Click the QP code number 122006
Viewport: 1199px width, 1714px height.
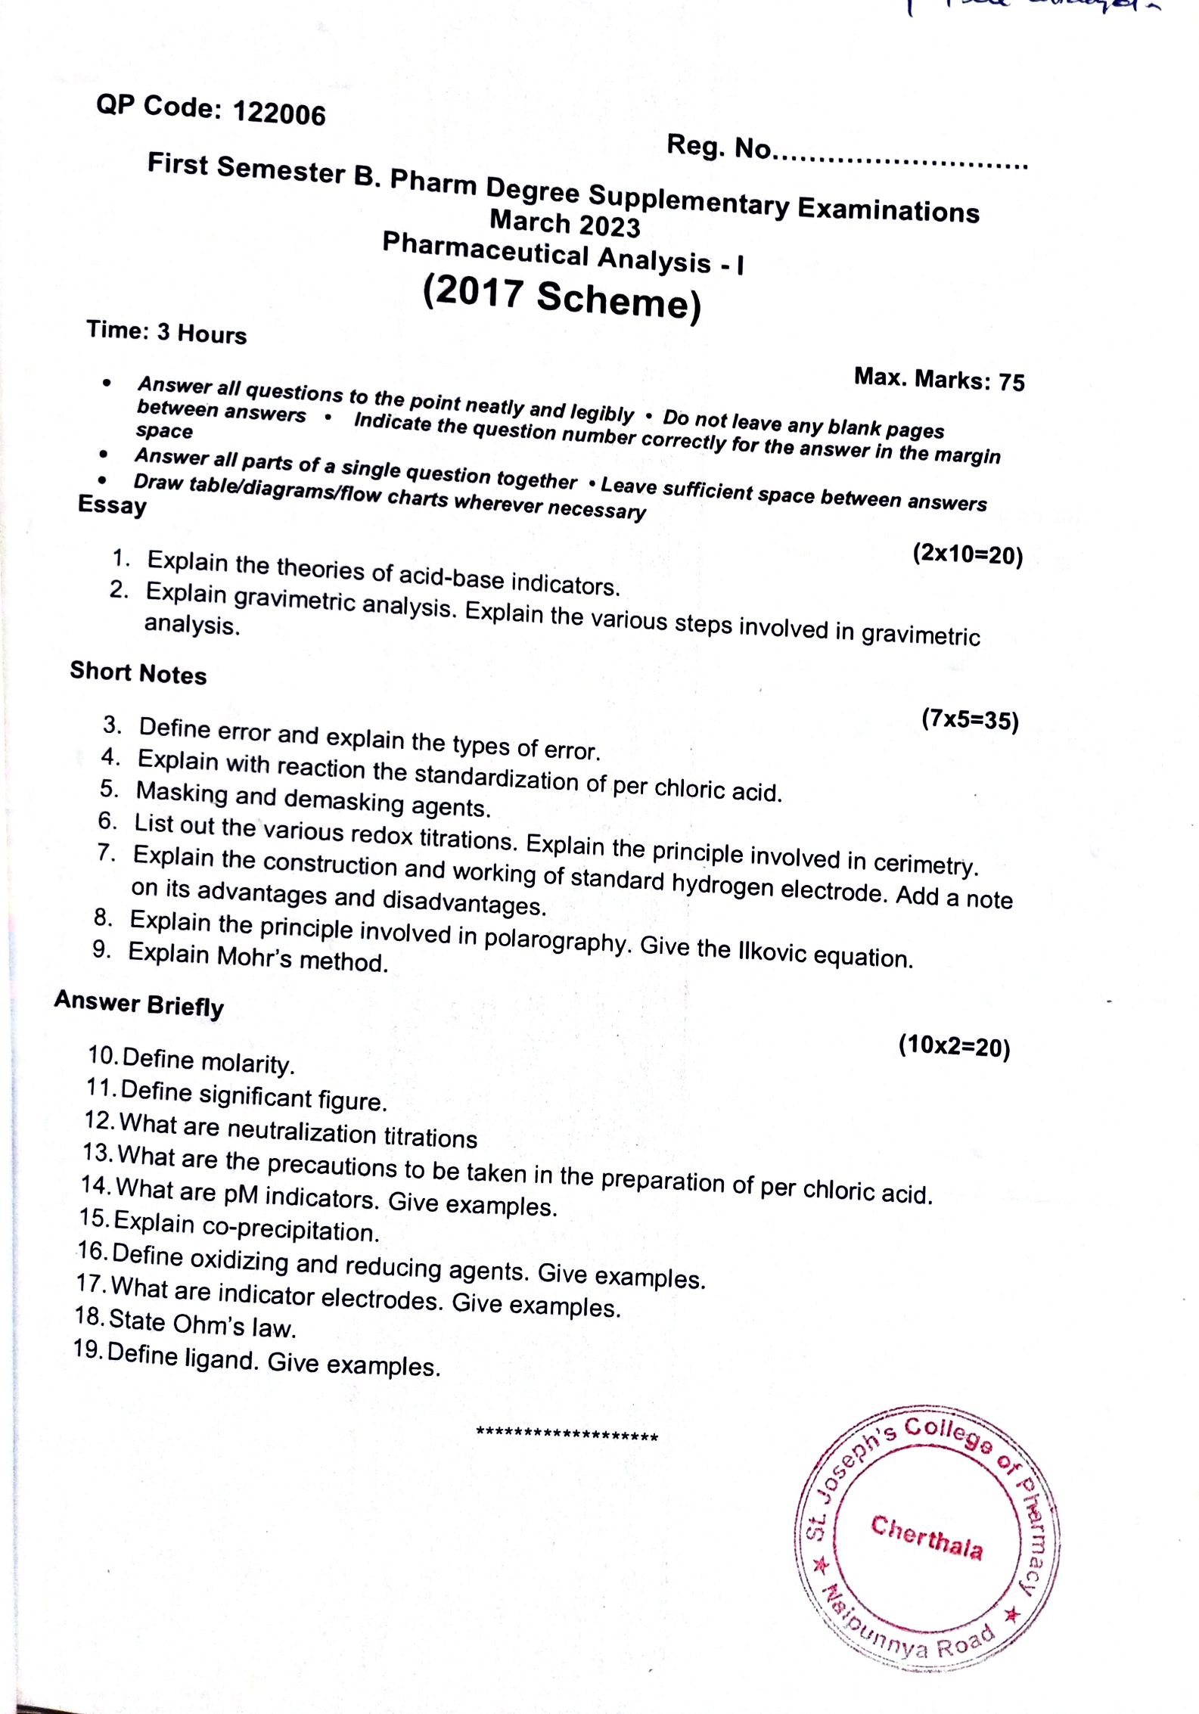pyautogui.click(x=279, y=113)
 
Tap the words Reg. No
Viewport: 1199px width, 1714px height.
pyautogui.click(x=719, y=147)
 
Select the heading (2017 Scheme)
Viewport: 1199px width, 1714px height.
pyautogui.click(x=562, y=297)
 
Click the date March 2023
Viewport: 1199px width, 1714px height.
pyautogui.click(x=564, y=224)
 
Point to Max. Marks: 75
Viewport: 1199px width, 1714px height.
pyautogui.click(x=939, y=378)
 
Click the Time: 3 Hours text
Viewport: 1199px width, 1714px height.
pyautogui.click(x=166, y=332)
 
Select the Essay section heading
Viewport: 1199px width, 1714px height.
pyautogui.click(x=112, y=505)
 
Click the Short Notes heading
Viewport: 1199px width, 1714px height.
pyautogui.click(x=138, y=672)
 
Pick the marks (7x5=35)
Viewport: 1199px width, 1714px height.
pyautogui.click(x=970, y=719)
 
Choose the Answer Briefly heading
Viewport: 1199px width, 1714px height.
pyautogui.click(x=139, y=1004)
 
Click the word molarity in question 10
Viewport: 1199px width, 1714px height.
pyautogui.click(x=247, y=1063)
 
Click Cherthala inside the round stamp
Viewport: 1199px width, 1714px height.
pyautogui.click(x=927, y=1537)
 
